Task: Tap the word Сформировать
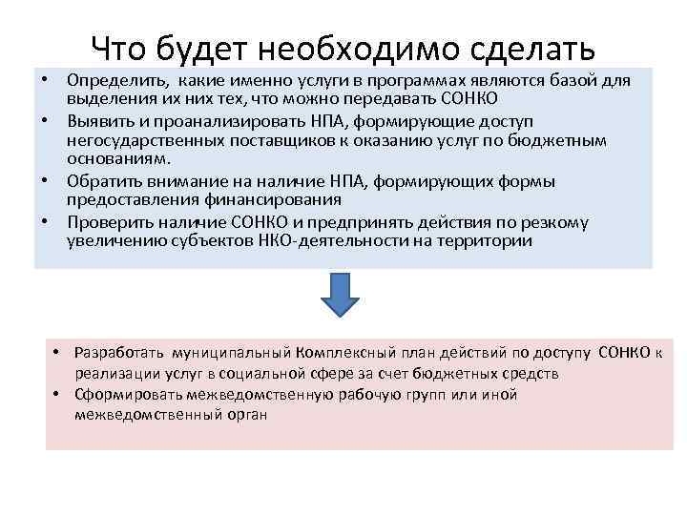(130, 395)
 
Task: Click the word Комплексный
(349, 355)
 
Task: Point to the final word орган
(248, 415)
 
